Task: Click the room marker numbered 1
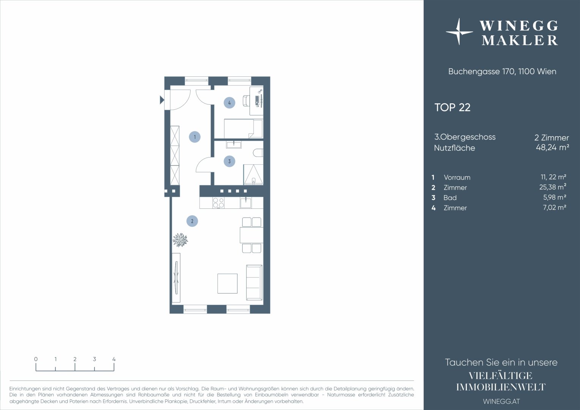point(195,137)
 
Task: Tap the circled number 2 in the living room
point(192,221)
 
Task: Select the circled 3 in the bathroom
point(229,161)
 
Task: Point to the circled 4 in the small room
point(229,103)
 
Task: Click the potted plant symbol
point(180,240)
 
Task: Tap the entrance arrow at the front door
point(162,100)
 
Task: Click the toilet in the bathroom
point(258,153)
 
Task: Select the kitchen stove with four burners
point(218,203)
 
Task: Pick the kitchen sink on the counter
point(246,203)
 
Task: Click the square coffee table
point(227,284)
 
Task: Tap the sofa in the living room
point(254,282)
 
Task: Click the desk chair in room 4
point(246,101)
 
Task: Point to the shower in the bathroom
point(253,175)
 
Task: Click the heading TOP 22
point(452,107)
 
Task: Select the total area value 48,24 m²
point(552,147)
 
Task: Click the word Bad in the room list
point(450,198)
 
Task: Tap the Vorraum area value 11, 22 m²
point(553,177)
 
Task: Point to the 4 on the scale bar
point(114,359)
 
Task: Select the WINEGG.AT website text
point(501,401)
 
